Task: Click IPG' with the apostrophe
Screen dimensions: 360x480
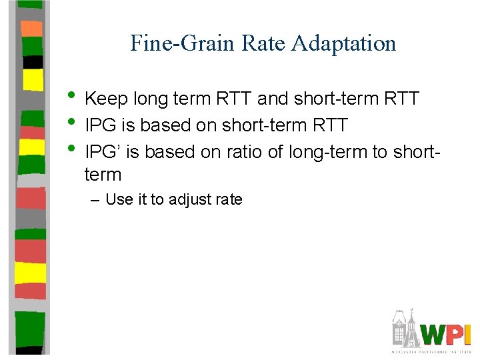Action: click(x=103, y=152)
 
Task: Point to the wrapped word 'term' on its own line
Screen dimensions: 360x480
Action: click(x=103, y=175)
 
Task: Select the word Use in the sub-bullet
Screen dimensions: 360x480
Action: click(x=119, y=199)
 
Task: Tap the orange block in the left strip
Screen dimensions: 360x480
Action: click(x=31, y=29)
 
